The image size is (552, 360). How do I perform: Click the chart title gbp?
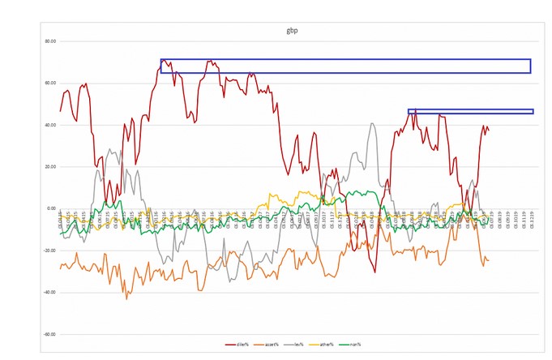(279, 30)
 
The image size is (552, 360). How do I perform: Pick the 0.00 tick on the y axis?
(50, 208)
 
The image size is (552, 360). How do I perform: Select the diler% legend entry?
(237, 344)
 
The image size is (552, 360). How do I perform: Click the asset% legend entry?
(263, 344)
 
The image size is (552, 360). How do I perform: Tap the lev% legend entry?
(288, 344)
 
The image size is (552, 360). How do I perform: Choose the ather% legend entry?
(312, 344)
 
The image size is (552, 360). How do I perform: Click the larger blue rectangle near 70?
(345, 66)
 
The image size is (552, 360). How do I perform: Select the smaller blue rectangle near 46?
(470, 111)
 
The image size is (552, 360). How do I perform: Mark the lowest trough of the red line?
(375, 272)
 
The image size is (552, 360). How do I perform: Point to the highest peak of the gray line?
(371, 124)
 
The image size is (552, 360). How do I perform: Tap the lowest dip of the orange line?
(126, 298)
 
